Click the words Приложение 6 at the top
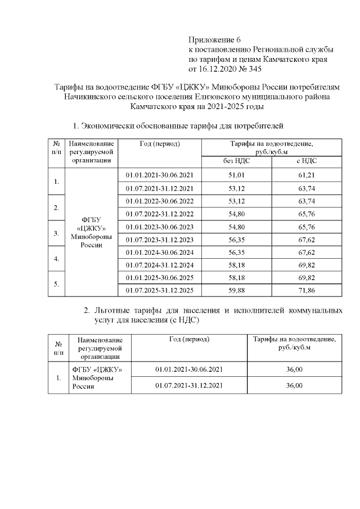click(x=214, y=39)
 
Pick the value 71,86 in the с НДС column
click(x=306, y=290)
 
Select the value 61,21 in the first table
click(x=306, y=175)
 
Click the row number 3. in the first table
click(x=56, y=233)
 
